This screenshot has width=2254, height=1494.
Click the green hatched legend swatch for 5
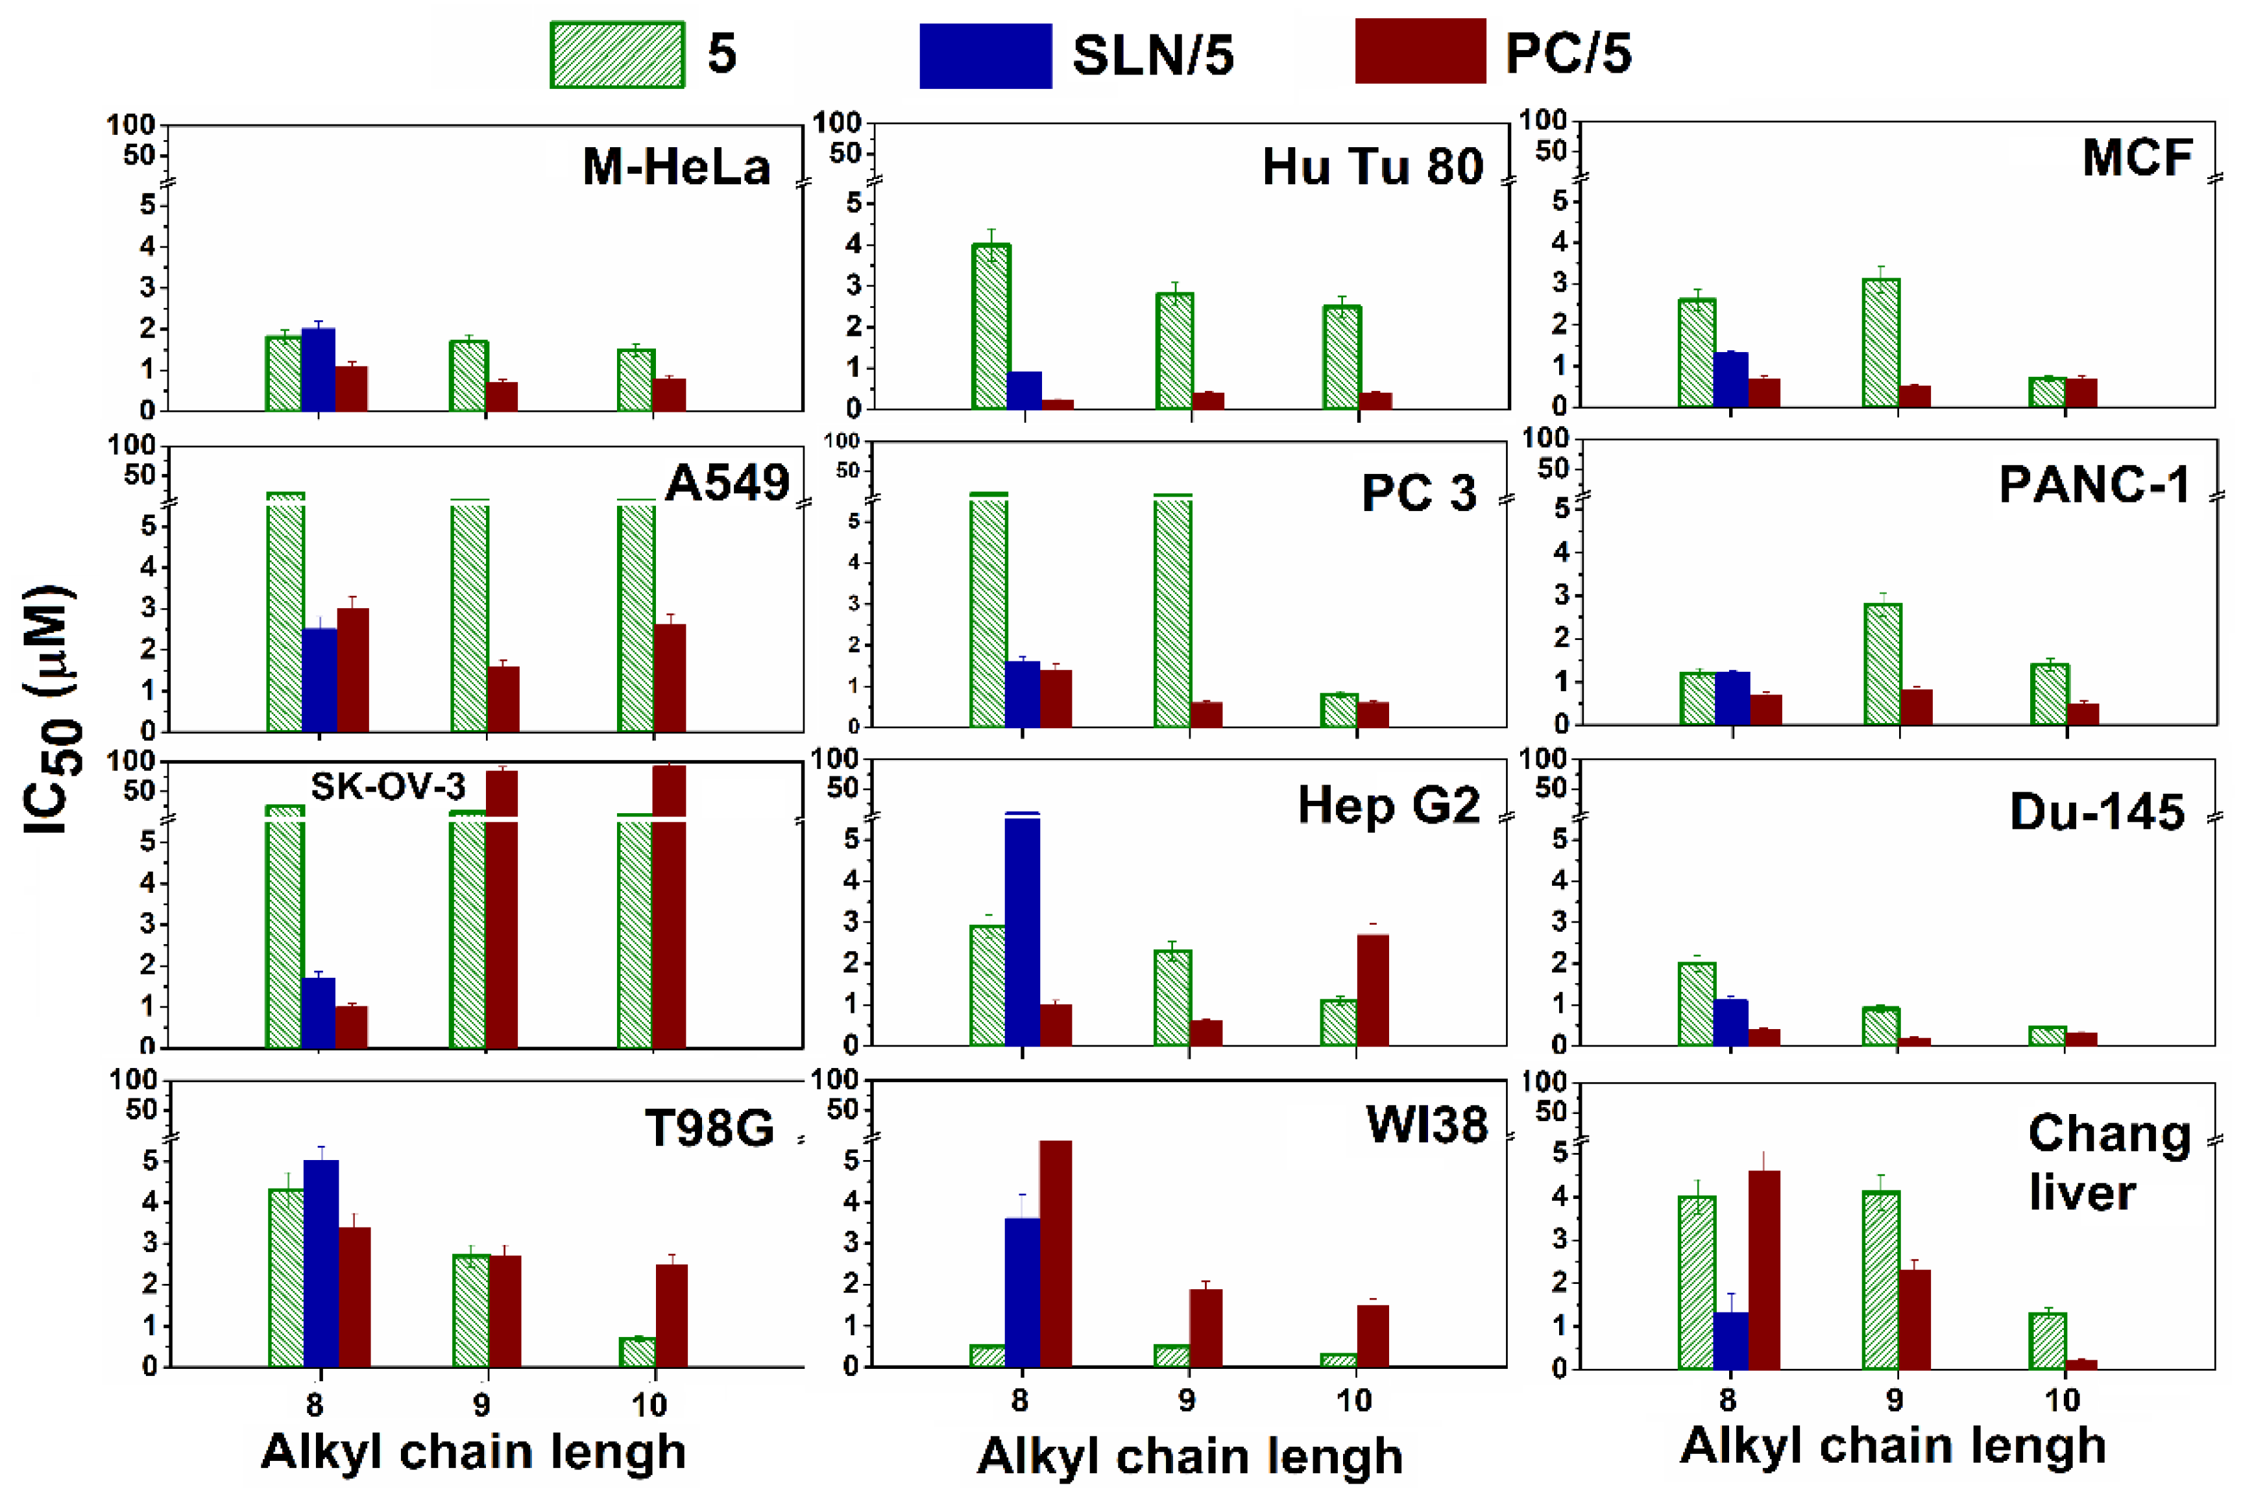pyautogui.click(x=616, y=55)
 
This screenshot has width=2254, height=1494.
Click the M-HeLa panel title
pyautogui.click(x=675, y=168)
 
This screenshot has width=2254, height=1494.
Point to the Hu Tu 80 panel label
pyautogui.click(x=1372, y=168)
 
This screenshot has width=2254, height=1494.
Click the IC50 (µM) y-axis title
pyautogui.click(x=53, y=710)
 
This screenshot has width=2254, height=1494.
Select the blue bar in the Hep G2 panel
pyautogui.click(x=1022, y=929)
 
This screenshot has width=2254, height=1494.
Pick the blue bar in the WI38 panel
pyautogui.click(x=1022, y=1292)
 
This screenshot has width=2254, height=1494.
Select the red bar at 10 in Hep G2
pyautogui.click(x=1372, y=990)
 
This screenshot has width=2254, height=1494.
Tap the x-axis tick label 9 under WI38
pyautogui.click(x=1187, y=1401)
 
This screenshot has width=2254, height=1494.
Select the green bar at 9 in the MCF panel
pyautogui.click(x=1880, y=343)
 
